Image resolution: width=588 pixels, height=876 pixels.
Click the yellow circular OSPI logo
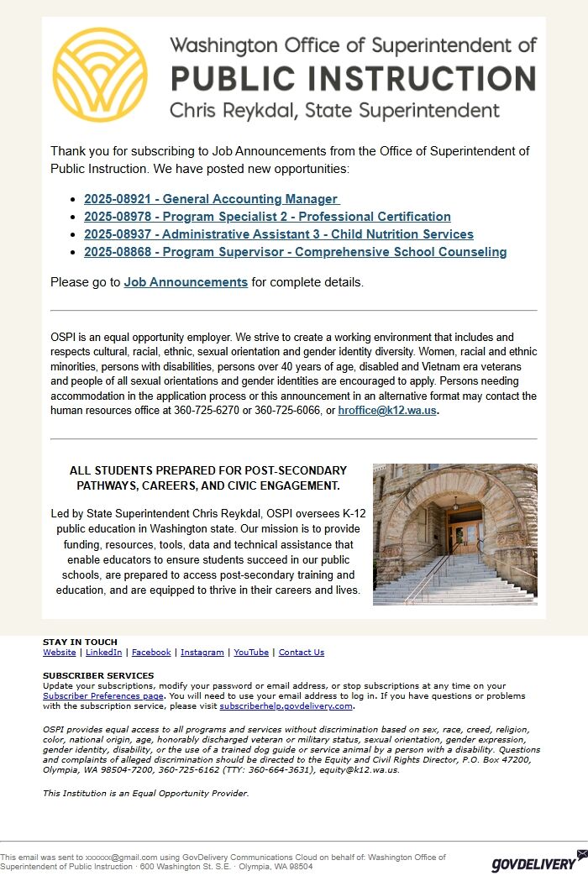[100, 75]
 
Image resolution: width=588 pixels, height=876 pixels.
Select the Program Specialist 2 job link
[267, 217]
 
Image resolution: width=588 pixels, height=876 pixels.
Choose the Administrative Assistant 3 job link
[278, 234]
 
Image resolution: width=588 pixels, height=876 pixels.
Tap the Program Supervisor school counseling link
[295, 252]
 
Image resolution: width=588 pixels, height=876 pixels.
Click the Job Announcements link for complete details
[186, 282]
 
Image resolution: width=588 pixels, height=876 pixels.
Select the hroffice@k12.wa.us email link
[387, 411]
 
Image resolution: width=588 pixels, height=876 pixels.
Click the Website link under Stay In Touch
[59, 653]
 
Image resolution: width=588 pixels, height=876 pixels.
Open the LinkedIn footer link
[103, 653]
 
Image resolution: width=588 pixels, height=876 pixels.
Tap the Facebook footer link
[151, 653]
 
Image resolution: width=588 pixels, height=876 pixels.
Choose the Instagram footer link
[202, 653]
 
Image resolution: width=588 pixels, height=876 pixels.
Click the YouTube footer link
[251, 653]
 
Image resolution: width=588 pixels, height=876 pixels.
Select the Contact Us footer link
[301, 653]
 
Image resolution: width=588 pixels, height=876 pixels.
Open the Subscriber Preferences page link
[102, 696]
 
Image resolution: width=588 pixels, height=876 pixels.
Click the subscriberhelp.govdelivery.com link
[286, 706]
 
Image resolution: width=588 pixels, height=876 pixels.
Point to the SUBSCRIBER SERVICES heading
[98, 675]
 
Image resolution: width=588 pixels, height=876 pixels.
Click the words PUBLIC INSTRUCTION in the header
[353, 78]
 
